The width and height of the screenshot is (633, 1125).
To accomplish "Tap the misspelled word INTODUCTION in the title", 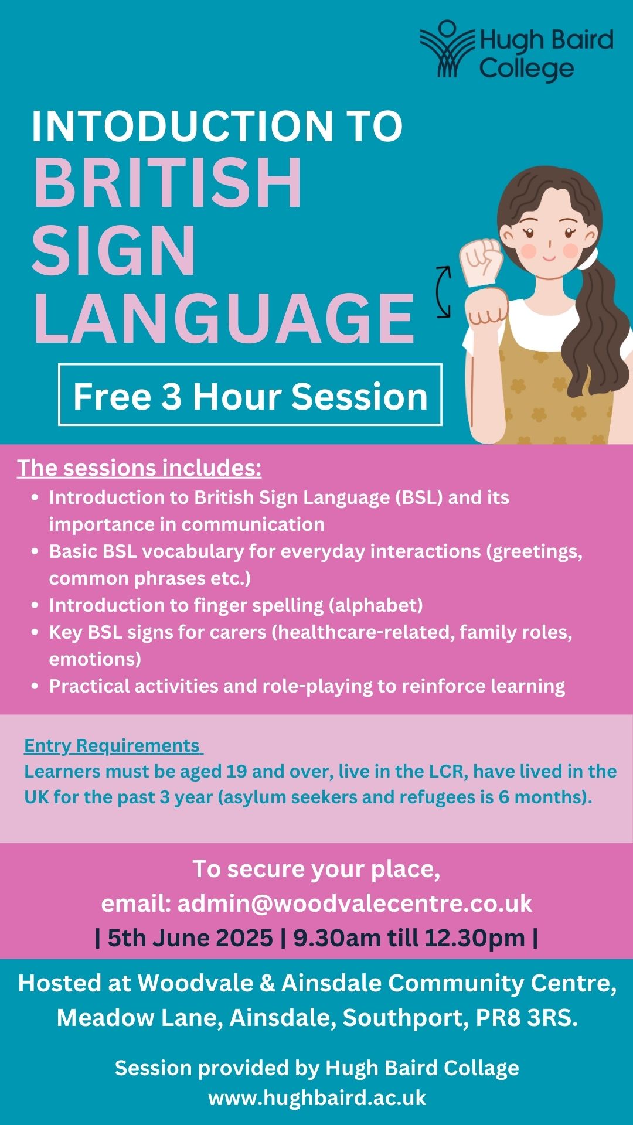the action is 178,126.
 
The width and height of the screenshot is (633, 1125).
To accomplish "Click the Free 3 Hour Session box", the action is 250,394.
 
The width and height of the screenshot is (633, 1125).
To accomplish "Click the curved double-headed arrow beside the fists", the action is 443,292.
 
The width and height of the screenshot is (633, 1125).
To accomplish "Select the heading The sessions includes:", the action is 139,468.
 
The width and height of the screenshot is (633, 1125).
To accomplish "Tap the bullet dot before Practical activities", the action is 35,686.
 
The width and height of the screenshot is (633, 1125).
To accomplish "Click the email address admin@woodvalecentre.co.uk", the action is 355,904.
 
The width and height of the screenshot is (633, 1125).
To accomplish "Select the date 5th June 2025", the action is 190,938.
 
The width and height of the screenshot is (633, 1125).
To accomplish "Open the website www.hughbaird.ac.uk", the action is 317,1097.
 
